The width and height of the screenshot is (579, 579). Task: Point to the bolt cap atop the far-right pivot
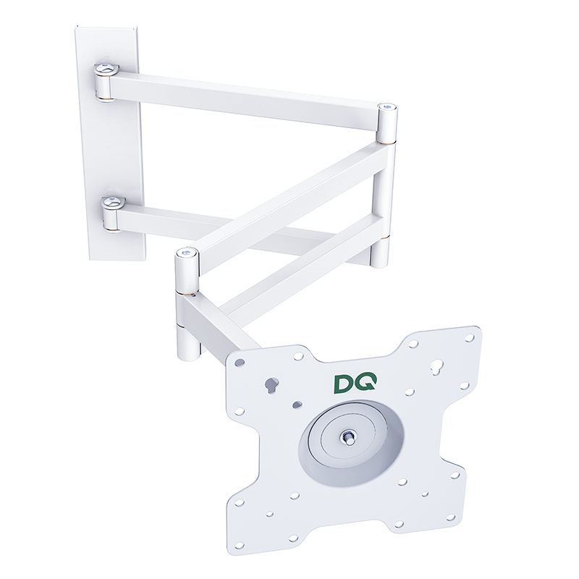tap(389, 106)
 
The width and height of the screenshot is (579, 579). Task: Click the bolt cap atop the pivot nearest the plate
tap(187, 253)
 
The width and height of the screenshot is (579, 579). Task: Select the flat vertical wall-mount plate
tap(109, 145)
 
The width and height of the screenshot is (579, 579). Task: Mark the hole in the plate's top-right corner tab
tap(470, 337)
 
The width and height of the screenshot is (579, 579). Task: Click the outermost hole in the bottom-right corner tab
tap(455, 476)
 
